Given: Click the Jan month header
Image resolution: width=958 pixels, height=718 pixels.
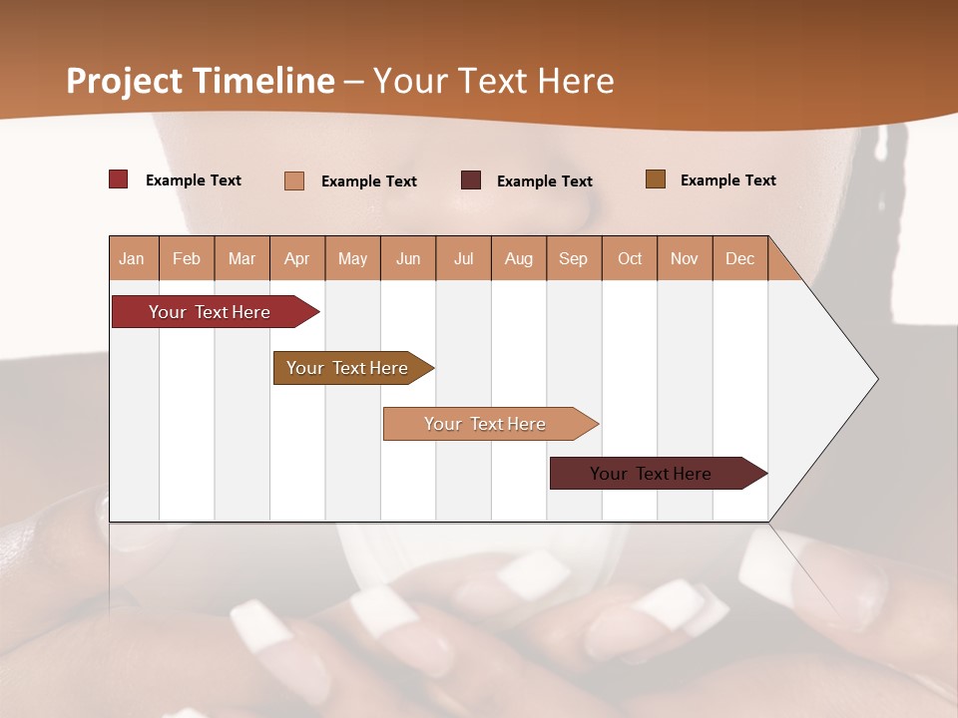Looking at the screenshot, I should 132,259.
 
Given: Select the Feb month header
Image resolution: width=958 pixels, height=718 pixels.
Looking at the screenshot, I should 187,259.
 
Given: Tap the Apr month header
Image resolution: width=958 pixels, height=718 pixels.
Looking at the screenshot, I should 296,259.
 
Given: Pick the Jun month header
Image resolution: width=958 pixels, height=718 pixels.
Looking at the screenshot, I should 408,259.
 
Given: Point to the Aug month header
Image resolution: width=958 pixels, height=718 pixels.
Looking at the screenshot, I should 518,259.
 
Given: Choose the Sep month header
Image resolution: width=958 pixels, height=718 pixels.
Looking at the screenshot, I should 573,259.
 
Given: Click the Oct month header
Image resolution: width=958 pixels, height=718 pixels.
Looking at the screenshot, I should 630,259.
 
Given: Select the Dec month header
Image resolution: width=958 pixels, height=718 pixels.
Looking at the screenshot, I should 739,259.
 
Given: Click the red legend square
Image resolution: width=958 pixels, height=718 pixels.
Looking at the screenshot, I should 119,179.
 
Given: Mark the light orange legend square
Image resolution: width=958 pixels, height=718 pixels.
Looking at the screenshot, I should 294,180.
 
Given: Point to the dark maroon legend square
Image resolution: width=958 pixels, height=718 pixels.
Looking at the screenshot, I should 471,180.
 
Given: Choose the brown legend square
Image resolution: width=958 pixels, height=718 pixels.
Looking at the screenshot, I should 656,179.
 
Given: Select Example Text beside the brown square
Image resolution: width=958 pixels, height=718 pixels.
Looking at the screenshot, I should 727,180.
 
